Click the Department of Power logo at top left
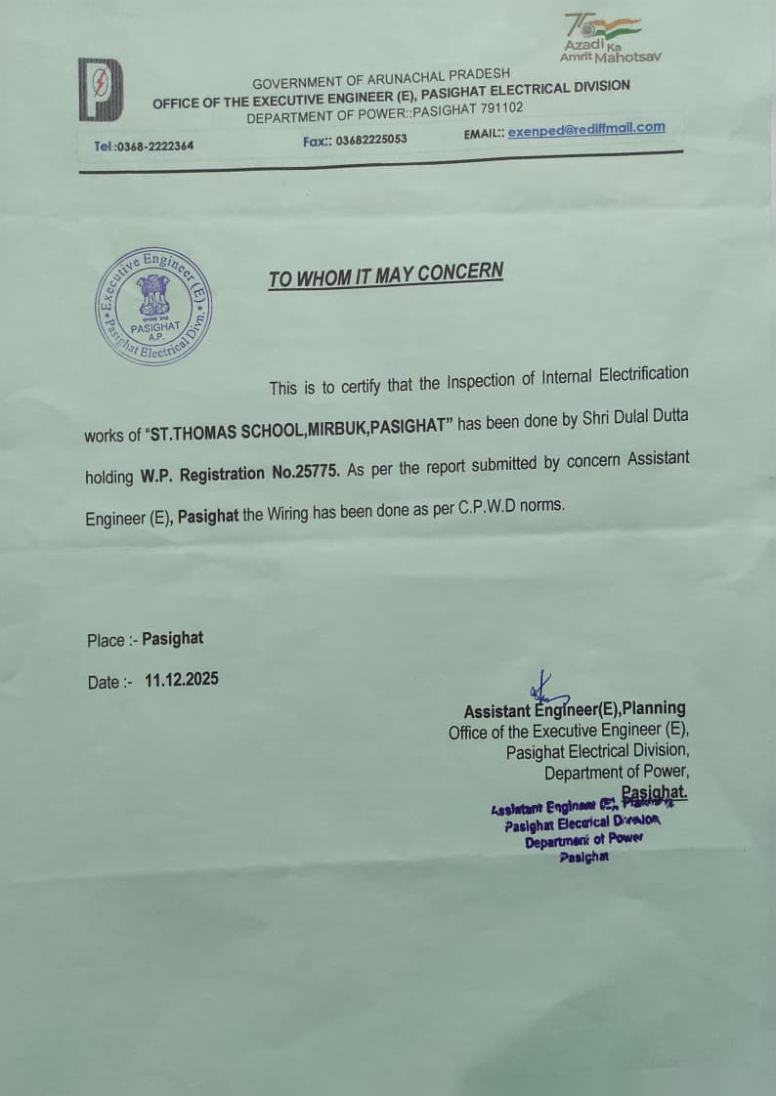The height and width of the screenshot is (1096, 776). pyautogui.click(x=101, y=89)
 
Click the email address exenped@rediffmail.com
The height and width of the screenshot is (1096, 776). pyautogui.click(x=586, y=129)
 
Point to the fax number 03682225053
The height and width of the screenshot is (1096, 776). pyautogui.click(x=370, y=140)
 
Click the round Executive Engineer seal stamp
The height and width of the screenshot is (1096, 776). pyautogui.click(x=155, y=306)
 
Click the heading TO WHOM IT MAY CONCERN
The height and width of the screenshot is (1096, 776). pyautogui.click(x=386, y=274)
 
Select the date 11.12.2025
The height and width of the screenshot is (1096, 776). pyautogui.click(x=182, y=680)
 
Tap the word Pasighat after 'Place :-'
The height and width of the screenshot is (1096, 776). pyautogui.click(x=173, y=639)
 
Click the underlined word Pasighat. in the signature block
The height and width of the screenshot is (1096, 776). pyautogui.click(x=655, y=792)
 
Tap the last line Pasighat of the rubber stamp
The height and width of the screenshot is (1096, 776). pyautogui.click(x=583, y=857)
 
